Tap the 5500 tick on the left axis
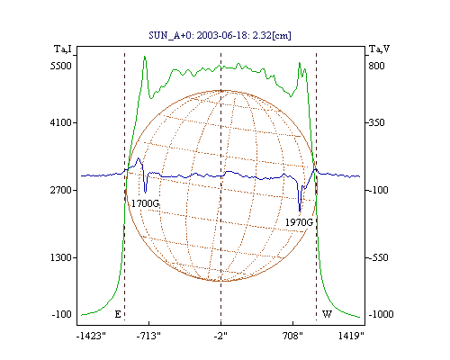click(61, 66)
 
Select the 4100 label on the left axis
click(61, 122)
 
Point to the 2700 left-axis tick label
click(61, 190)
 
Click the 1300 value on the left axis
click(61, 257)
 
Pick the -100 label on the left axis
click(62, 314)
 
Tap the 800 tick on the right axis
click(376, 66)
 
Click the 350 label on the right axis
click(376, 122)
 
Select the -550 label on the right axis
click(378, 257)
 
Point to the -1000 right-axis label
click(381, 314)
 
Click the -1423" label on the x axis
click(92, 337)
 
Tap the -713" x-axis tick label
click(148, 337)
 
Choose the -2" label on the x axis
click(220, 337)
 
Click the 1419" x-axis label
click(351, 337)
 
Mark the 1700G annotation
click(145, 203)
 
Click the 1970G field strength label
click(299, 222)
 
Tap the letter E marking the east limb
click(118, 314)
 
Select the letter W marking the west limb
click(327, 314)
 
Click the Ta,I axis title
click(63, 49)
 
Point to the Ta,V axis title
click(379, 49)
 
